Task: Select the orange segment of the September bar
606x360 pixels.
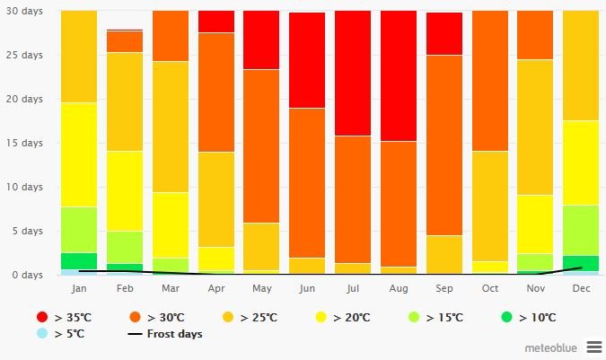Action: [444, 145]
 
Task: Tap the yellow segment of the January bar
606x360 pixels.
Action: [79, 154]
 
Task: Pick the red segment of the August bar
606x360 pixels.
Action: [399, 75]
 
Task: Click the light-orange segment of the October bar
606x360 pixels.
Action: [490, 206]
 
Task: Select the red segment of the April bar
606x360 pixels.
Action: [215, 22]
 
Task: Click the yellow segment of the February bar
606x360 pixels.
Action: [125, 190]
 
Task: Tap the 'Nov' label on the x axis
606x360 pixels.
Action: [535, 288]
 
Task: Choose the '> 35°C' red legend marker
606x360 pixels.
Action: [42, 318]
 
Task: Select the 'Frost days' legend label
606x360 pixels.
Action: [176, 334]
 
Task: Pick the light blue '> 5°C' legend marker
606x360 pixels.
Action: [42, 334]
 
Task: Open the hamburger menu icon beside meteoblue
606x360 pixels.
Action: [593, 347]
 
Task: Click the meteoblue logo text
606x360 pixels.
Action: [551, 347]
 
